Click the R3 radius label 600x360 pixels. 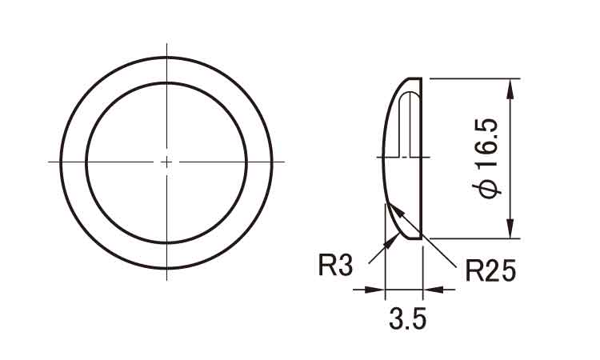point(335,266)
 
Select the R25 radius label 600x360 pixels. point(490,270)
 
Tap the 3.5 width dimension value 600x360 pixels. point(408,321)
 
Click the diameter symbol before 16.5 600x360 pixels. point(489,189)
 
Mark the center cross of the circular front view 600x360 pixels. point(166,161)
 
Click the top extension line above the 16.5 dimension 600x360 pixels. point(472,78)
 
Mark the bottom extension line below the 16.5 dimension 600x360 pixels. point(472,238)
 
